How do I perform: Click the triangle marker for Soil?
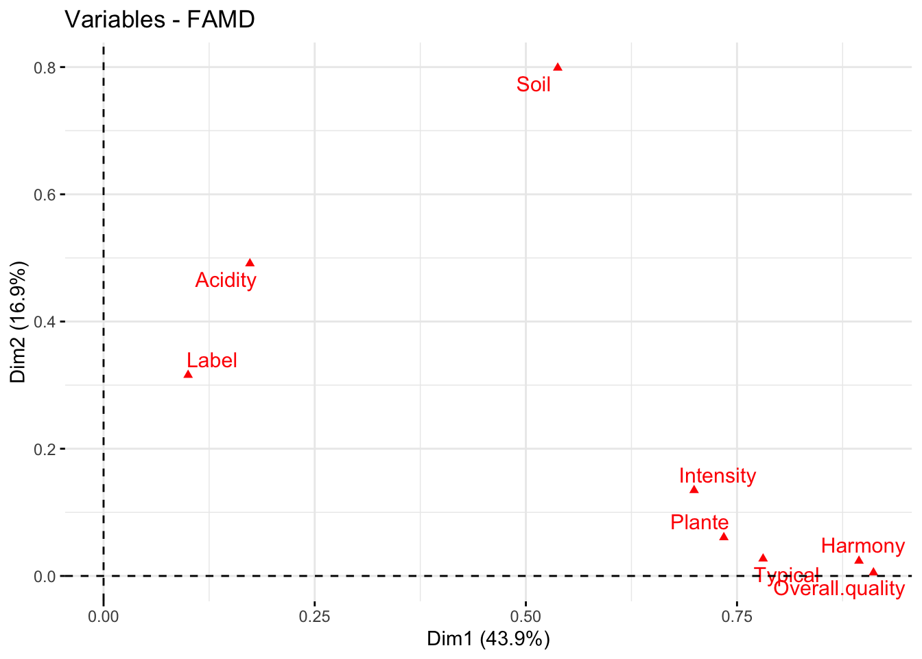pyautogui.click(x=558, y=67)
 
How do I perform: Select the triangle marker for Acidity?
pyautogui.click(x=250, y=263)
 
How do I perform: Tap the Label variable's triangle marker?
pyautogui.click(x=188, y=374)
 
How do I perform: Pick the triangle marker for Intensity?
pyautogui.click(x=694, y=489)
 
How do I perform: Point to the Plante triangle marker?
pyautogui.click(x=723, y=537)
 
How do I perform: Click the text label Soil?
pyautogui.click(x=534, y=84)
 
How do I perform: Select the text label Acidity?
pyautogui.click(x=226, y=280)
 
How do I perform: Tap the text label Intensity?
pyautogui.click(x=718, y=476)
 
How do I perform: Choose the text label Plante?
pyautogui.click(x=700, y=522)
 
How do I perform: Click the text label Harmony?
pyautogui.click(x=863, y=546)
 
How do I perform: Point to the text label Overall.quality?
pyautogui.click(x=839, y=588)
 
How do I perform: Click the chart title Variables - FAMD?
pyautogui.click(x=160, y=19)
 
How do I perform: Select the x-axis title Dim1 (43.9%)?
pyautogui.click(x=488, y=639)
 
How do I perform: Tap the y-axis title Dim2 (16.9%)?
pyautogui.click(x=18, y=321)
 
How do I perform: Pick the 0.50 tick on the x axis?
pyautogui.click(x=525, y=616)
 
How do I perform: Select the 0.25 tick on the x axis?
pyautogui.click(x=314, y=616)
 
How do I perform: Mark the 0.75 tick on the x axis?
pyautogui.click(x=737, y=616)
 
